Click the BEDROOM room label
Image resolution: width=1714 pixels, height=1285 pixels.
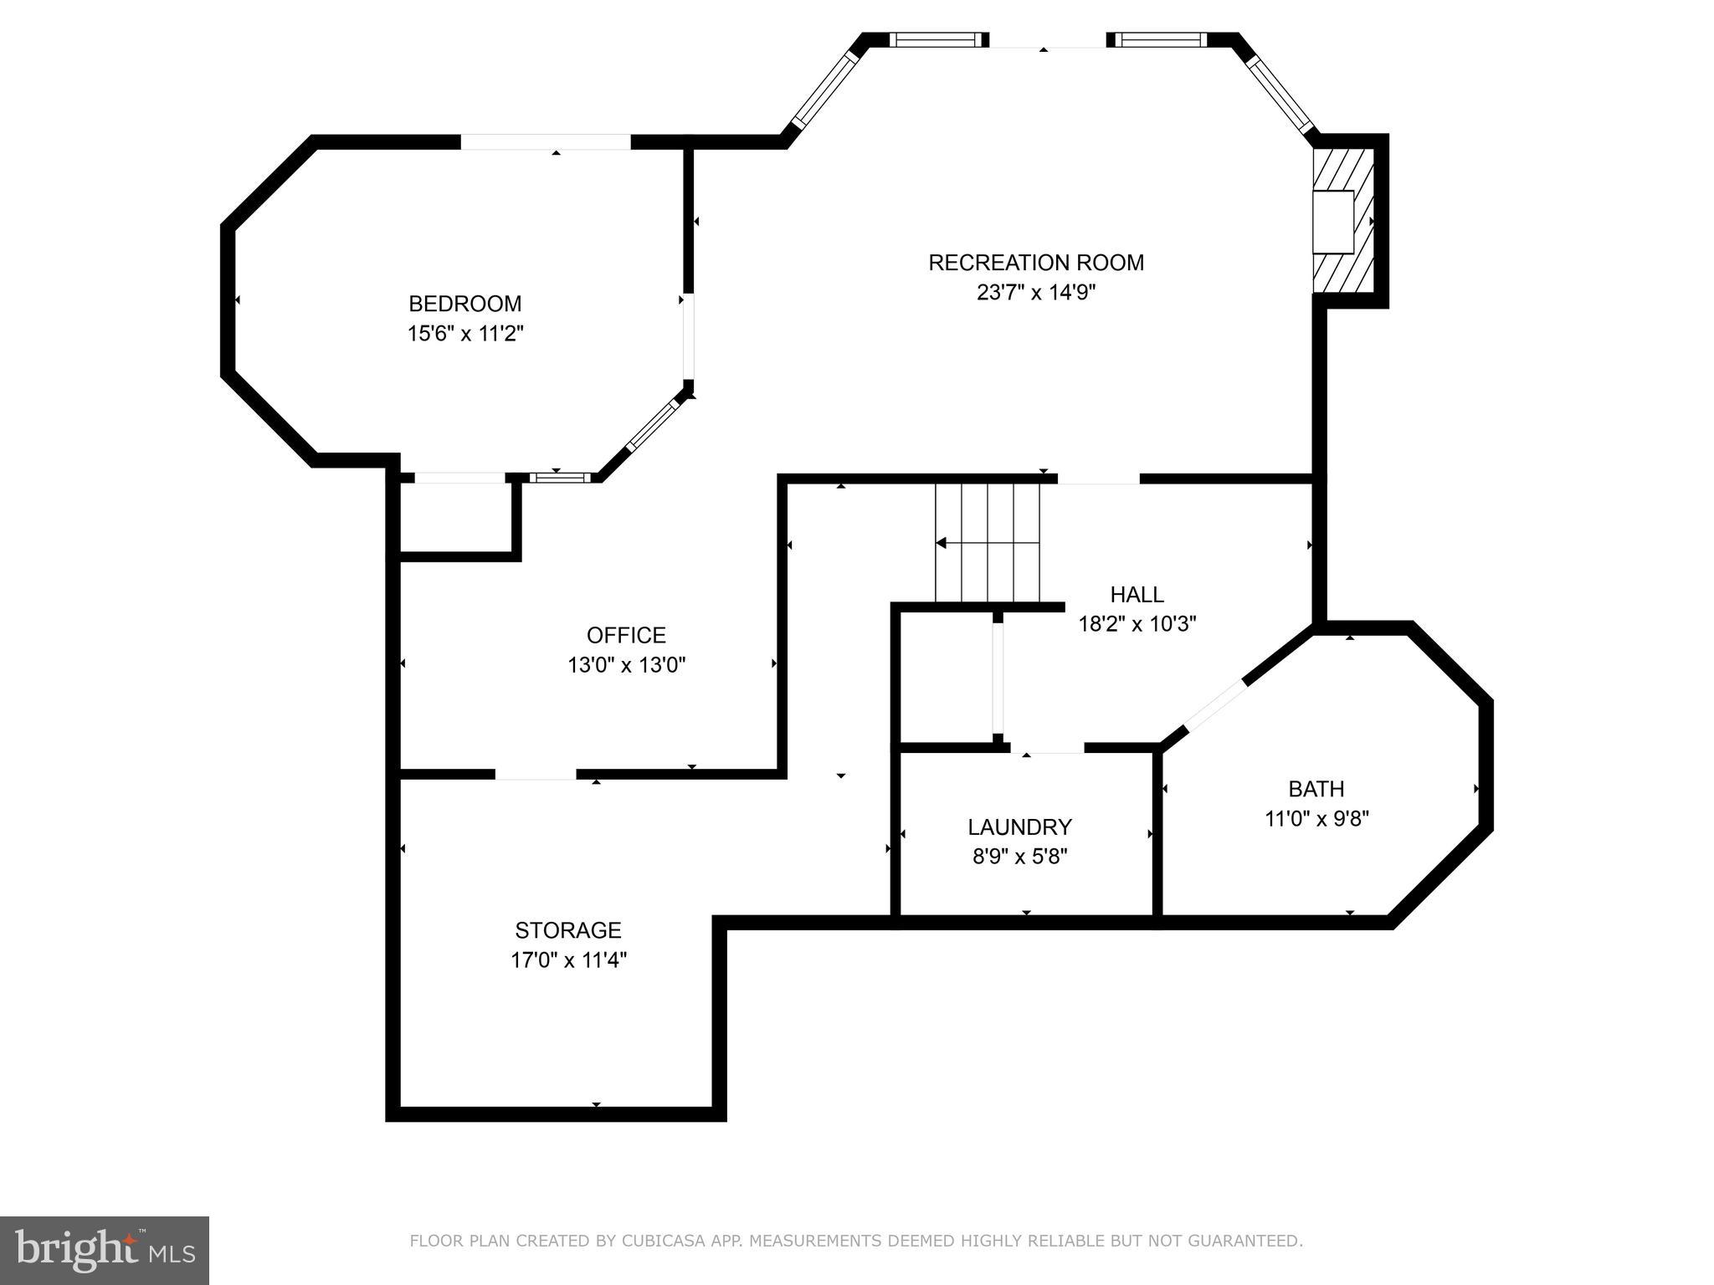tap(464, 304)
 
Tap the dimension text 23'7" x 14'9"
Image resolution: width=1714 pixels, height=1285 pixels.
tap(1036, 293)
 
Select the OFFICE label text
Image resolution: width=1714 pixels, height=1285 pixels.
tap(626, 635)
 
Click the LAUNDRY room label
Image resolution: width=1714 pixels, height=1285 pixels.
tap(1019, 827)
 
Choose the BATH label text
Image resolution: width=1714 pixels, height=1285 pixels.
tap(1316, 789)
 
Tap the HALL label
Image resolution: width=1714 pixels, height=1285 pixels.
tap(1137, 595)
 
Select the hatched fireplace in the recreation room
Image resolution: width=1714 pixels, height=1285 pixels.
tap(1343, 221)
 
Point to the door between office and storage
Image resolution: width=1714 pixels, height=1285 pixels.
tap(536, 774)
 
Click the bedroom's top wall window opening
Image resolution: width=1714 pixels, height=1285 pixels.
tap(546, 142)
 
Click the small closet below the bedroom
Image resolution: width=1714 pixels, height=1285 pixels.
tap(455, 517)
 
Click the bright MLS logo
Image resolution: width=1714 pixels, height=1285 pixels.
tap(105, 1250)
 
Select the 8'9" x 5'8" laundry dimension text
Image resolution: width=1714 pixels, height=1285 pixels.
tap(1019, 857)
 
